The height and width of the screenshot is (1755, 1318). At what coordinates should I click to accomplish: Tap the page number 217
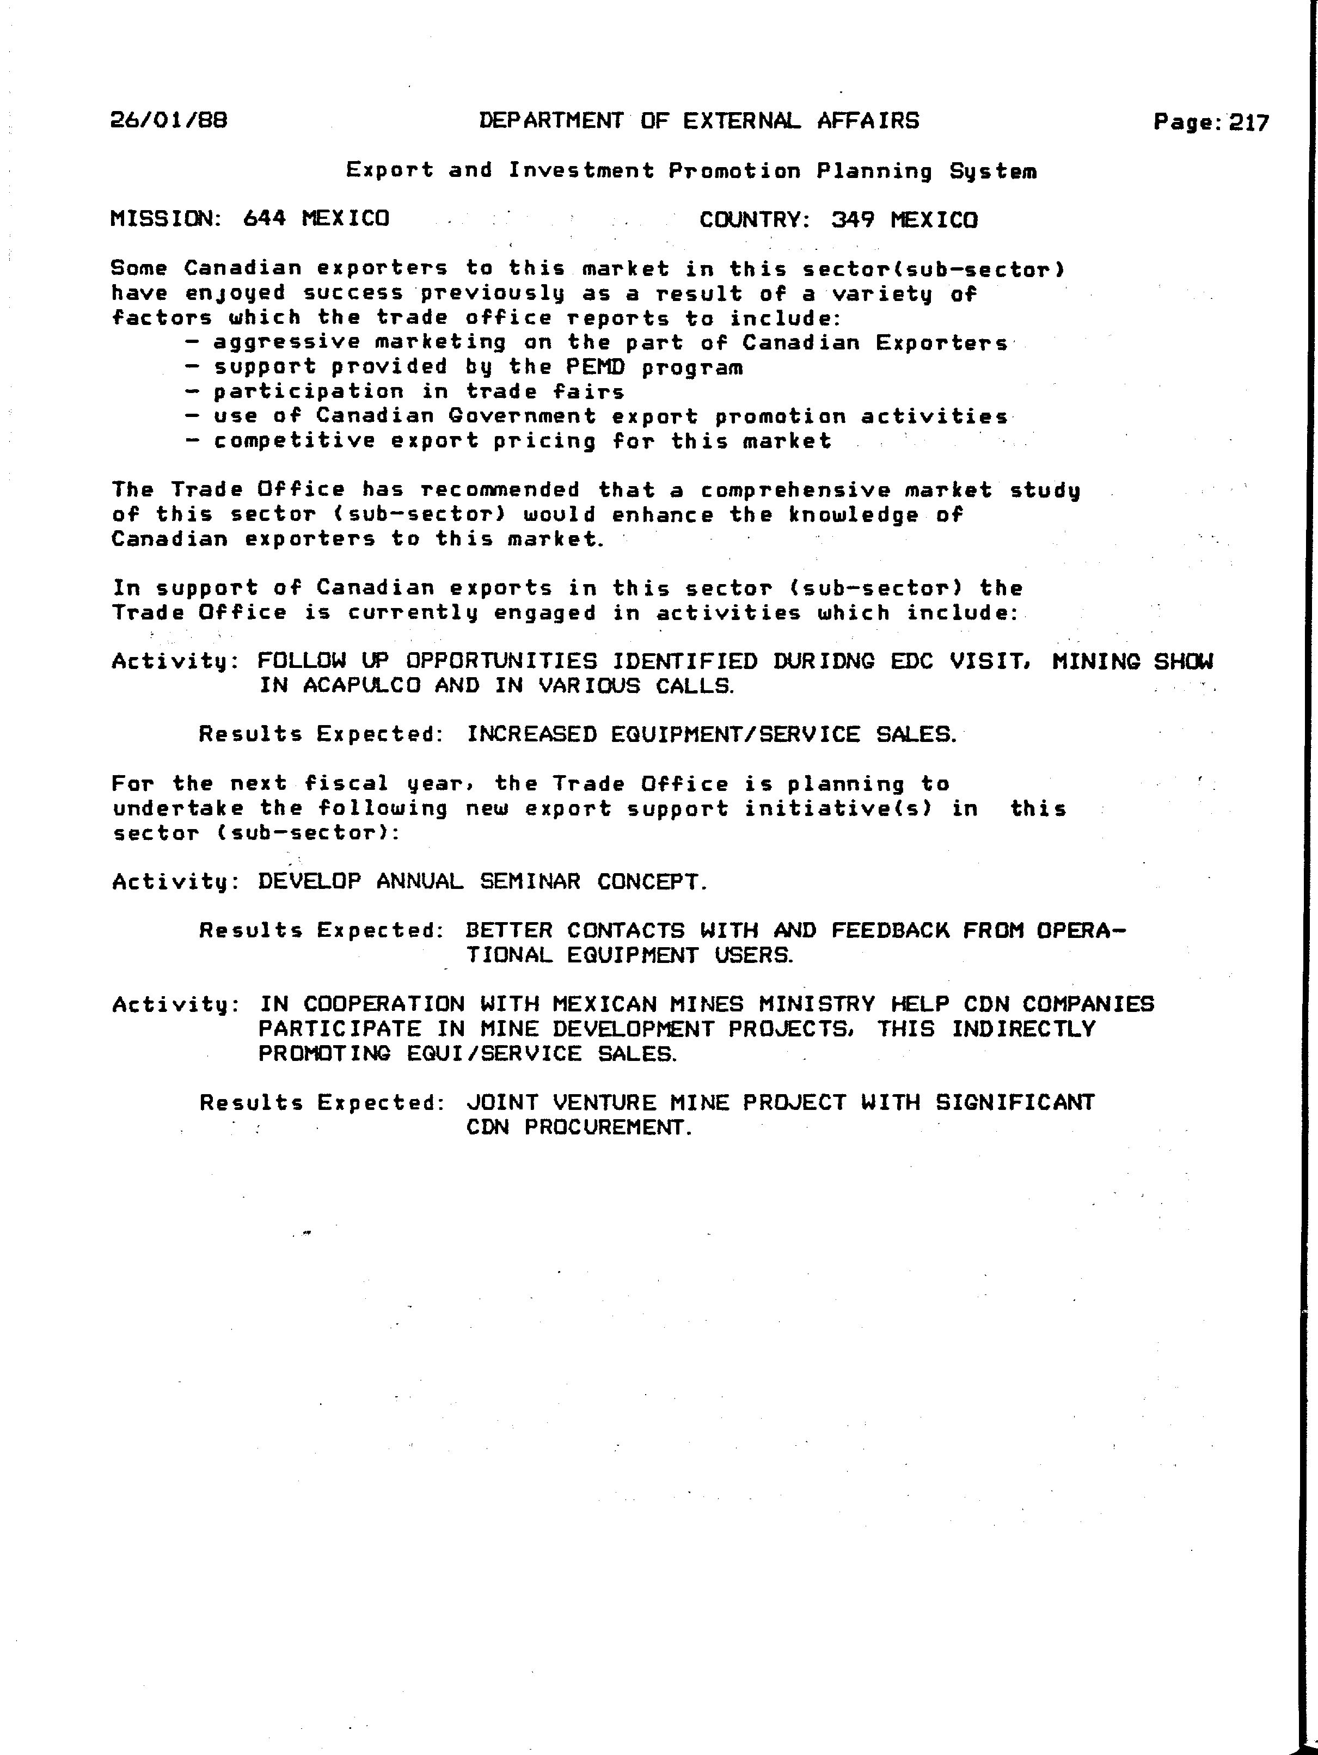[x=1249, y=123]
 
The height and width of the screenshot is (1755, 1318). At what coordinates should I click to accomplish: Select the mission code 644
[x=264, y=218]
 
